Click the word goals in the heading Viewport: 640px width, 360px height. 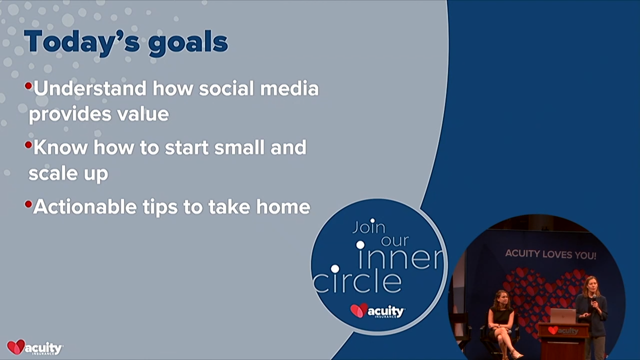(188, 43)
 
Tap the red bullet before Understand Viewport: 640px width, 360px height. (28, 86)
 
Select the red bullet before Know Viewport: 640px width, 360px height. (28, 145)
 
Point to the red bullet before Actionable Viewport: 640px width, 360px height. (28, 204)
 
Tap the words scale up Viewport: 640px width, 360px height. (68, 173)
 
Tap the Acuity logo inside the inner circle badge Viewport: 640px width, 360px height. (377, 311)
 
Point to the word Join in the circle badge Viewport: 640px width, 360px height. (369, 227)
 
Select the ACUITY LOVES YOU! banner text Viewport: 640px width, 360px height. (550, 254)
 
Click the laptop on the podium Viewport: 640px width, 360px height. (563, 316)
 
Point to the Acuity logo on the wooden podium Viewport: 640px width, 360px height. (563, 331)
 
